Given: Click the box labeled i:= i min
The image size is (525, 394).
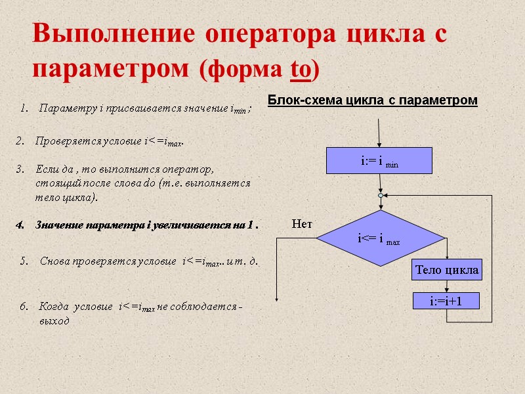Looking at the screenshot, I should [x=379, y=160].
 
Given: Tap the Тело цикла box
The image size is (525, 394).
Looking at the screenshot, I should [x=446, y=269].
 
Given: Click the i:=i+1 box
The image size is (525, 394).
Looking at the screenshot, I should [x=446, y=301].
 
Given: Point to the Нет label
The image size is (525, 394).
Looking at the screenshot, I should [x=302, y=224].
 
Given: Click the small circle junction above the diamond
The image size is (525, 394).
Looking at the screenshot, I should [x=380, y=196].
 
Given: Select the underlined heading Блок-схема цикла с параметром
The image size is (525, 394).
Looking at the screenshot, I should [x=372, y=100].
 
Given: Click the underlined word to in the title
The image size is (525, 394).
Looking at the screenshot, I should [x=301, y=69].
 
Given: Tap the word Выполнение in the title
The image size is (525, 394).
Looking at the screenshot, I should [x=112, y=34].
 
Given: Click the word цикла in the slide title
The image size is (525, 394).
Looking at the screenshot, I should [x=374, y=34].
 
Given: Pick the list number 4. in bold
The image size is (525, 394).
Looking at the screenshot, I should [x=20, y=226].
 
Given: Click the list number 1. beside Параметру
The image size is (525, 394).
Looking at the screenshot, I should [x=24, y=108].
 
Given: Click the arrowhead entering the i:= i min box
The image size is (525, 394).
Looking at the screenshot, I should [x=379, y=144].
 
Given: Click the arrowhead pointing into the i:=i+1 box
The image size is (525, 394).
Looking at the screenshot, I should [x=446, y=290].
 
